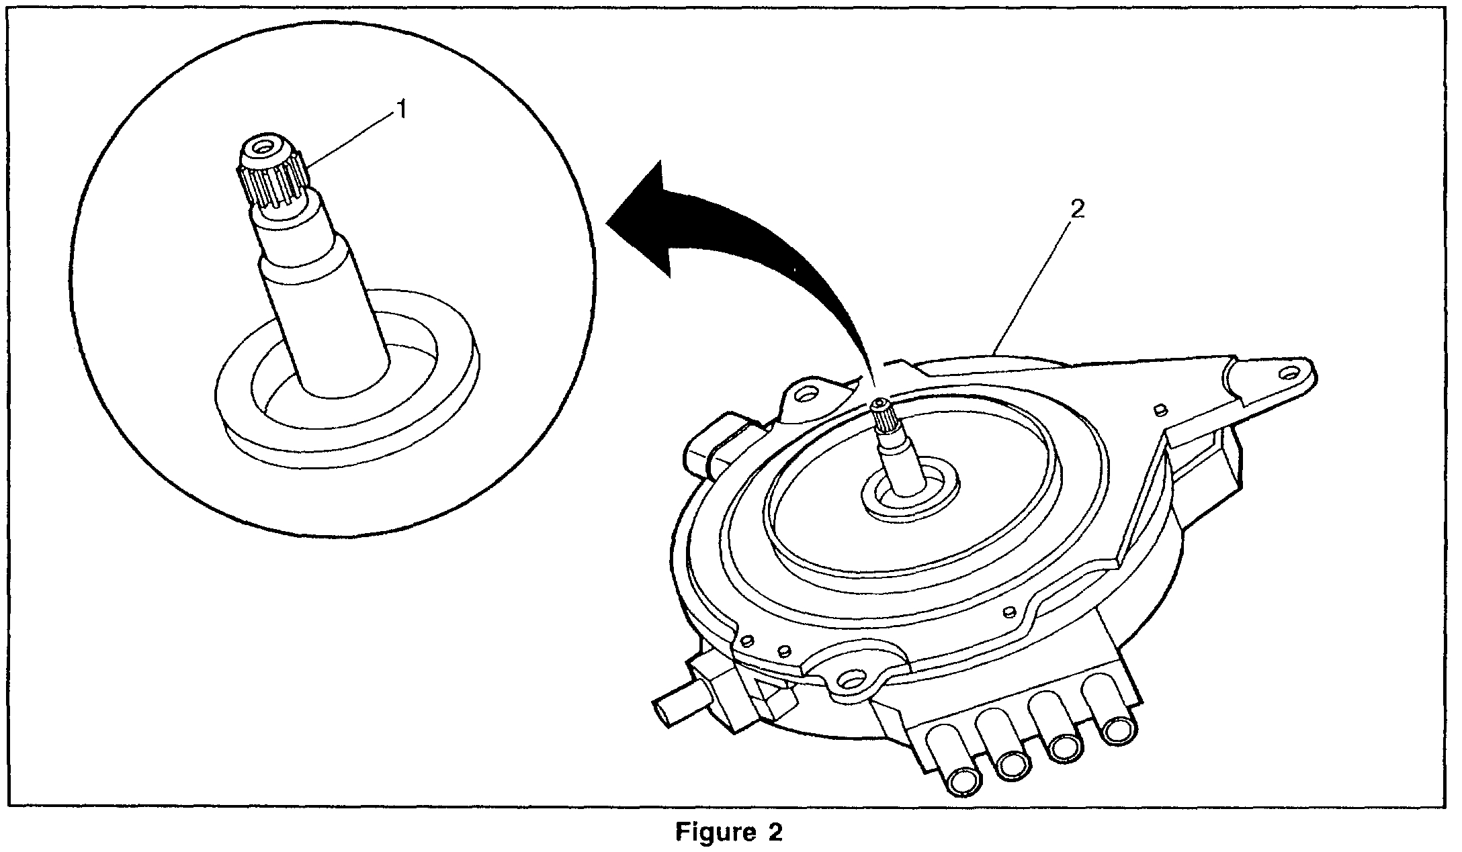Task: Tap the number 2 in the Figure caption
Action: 774,833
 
